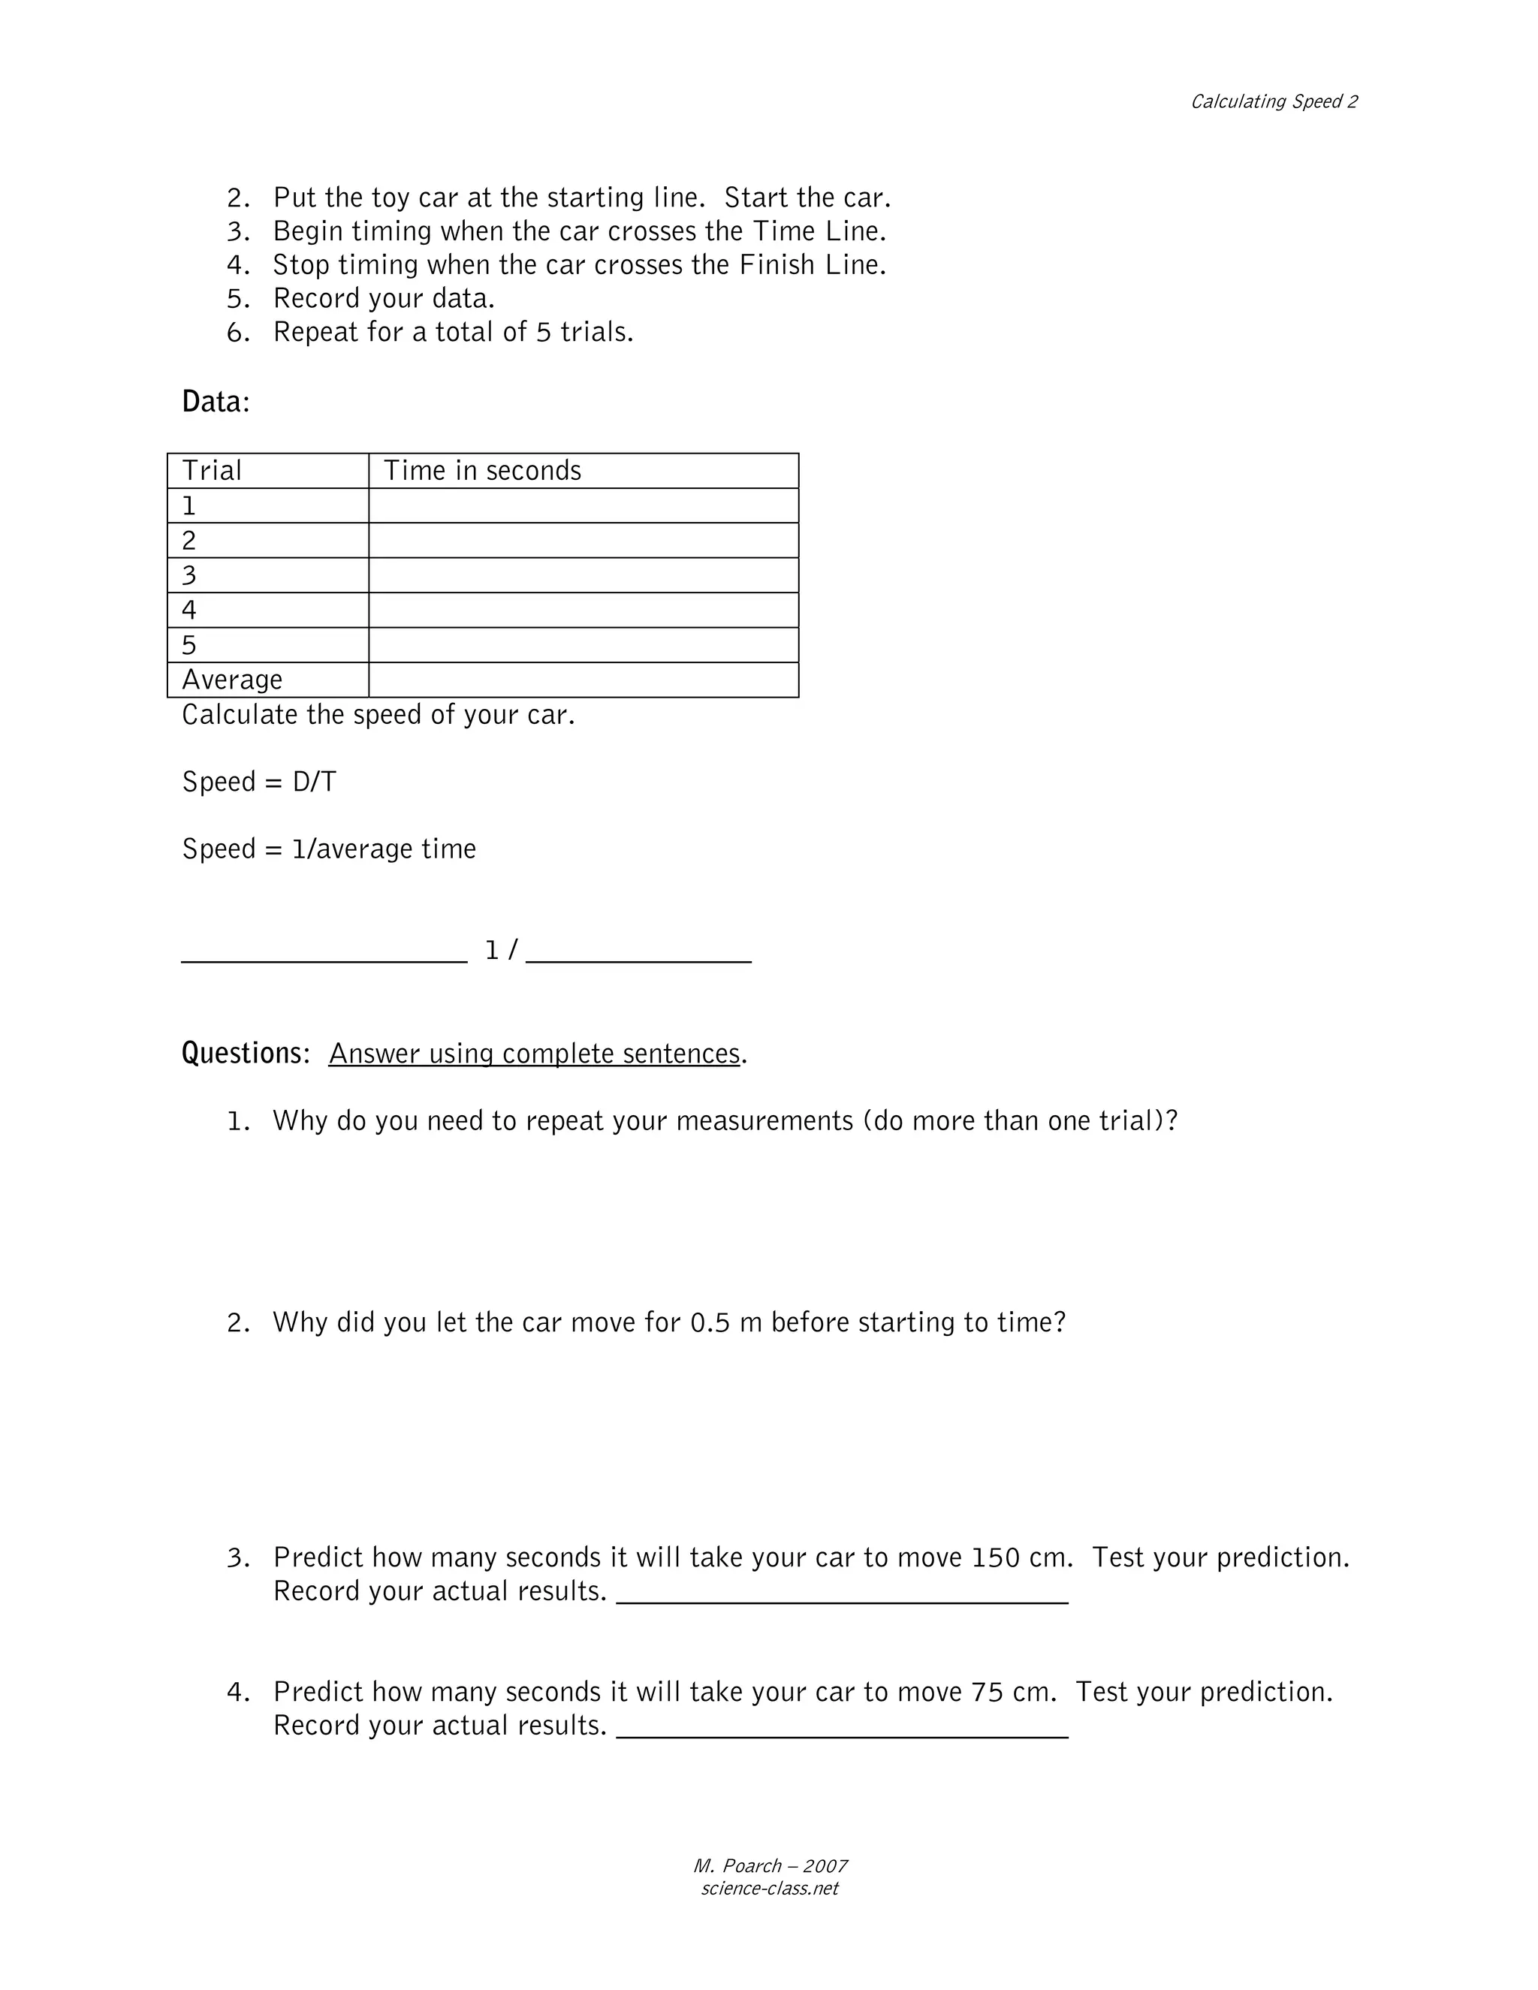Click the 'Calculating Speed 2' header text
1273,102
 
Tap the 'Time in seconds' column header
482,470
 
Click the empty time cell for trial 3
583,575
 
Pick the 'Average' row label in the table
232,680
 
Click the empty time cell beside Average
583,680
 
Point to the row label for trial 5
189,645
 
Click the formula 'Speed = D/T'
259,782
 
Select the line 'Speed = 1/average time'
329,849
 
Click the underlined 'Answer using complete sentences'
535,1054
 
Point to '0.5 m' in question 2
726,1322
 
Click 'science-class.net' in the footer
769,1889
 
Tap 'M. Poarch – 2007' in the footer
770,1866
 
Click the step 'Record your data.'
384,299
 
